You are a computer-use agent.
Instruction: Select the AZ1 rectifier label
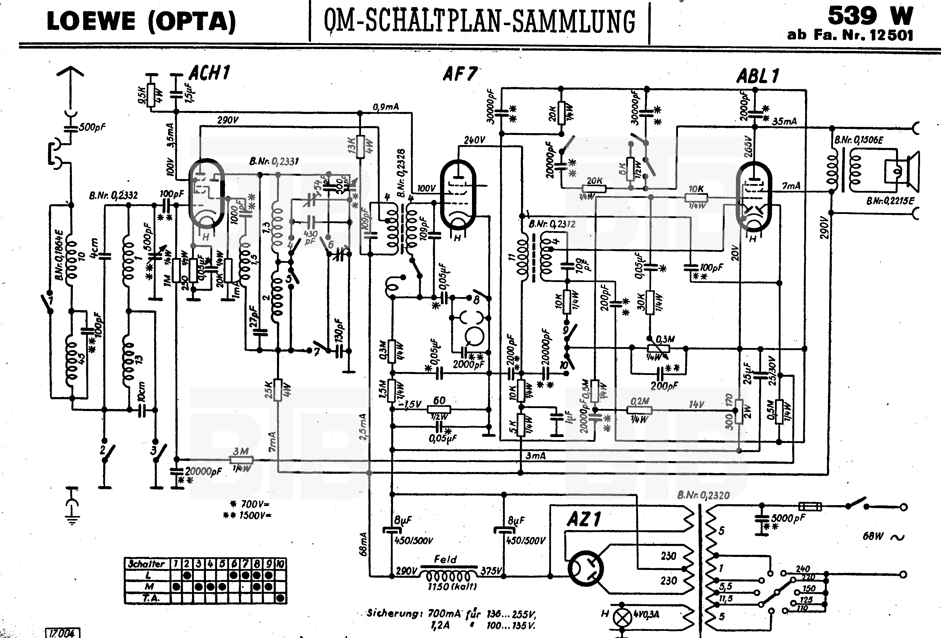[x=584, y=519]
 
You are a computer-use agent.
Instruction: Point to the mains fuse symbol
[x=810, y=506]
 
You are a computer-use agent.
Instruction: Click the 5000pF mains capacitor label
[x=787, y=518]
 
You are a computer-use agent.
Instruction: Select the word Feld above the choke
[x=445, y=560]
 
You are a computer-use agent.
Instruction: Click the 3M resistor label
[x=241, y=451]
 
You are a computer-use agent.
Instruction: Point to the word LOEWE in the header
[x=91, y=22]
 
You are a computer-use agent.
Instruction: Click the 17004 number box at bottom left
[x=62, y=633]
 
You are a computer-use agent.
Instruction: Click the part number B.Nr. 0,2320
[x=703, y=495]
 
